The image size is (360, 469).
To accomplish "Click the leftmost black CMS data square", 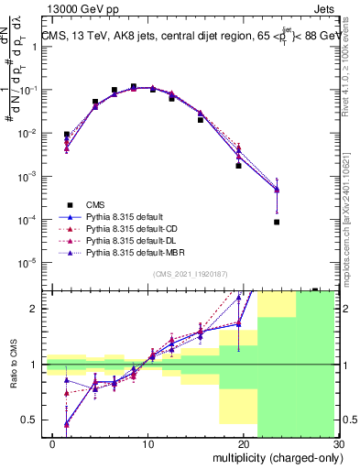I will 66,135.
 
